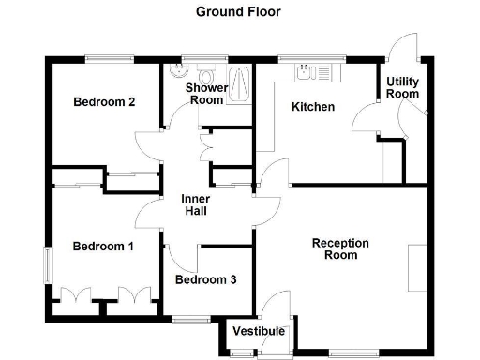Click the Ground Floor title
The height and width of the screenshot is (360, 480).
(x=237, y=12)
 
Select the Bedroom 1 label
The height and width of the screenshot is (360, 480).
(x=103, y=247)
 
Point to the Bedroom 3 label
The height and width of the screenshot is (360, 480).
(x=206, y=279)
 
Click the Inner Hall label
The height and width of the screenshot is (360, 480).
(x=196, y=204)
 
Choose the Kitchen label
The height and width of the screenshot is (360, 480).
(x=313, y=107)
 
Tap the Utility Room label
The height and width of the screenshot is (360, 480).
(x=403, y=88)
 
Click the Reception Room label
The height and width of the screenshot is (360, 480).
(x=340, y=248)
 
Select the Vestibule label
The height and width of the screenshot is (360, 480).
(x=259, y=331)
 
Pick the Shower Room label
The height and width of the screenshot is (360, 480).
(x=204, y=94)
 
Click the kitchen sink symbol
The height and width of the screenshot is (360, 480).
(x=305, y=72)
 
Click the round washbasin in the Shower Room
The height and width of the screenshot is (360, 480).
(x=178, y=71)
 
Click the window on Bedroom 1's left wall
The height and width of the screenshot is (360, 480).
(x=48, y=263)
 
